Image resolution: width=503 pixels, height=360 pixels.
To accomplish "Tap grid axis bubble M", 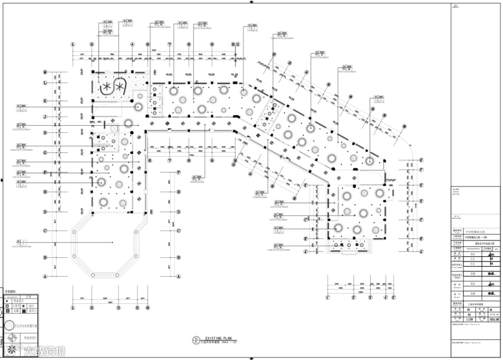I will (x=45, y=72).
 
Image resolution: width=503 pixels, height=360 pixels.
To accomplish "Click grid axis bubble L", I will (x=45, y=83).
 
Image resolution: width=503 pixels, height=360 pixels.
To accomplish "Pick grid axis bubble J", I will (x=45, y=117).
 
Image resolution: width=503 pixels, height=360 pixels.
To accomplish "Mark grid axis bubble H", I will (x=45, y=133).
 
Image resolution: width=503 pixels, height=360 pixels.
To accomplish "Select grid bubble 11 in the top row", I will (x=238, y=45).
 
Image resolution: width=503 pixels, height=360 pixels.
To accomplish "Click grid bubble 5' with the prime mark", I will (x=393, y=297).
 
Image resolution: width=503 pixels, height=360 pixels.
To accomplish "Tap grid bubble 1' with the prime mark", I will (x=328, y=297).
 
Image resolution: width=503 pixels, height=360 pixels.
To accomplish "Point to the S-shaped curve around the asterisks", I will (x=113, y=86).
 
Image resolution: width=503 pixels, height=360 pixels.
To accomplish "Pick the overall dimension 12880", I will (x=360, y=292).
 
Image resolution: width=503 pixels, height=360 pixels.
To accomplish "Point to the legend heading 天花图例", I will (x=10, y=292).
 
